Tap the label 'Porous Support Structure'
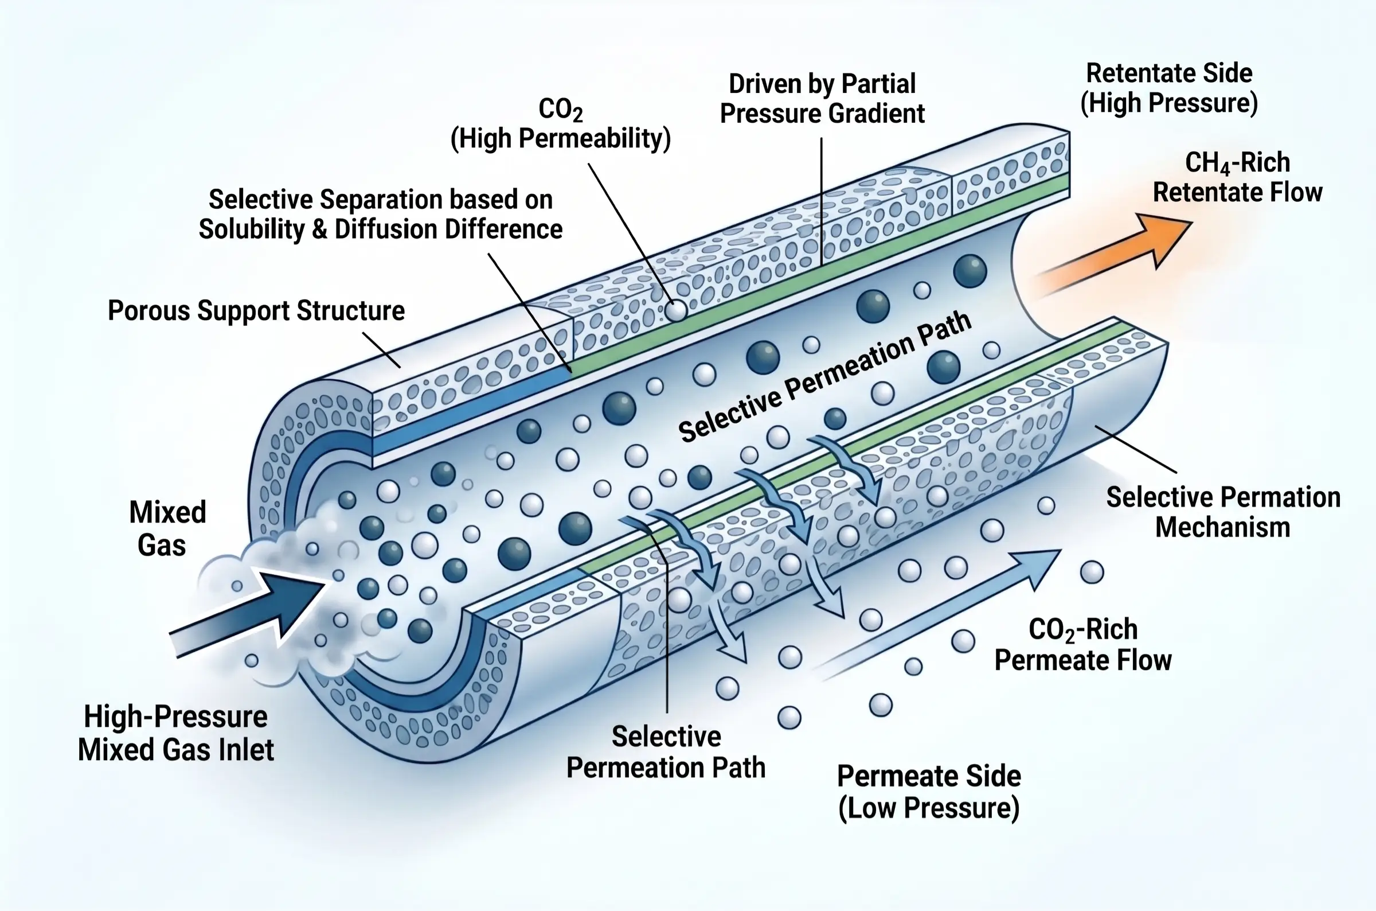[256, 311]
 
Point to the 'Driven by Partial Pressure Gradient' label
[822, 99]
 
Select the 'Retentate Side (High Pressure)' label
[1168, 88]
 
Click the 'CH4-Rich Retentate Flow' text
[1237, 177]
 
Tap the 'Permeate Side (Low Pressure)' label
[929, 791]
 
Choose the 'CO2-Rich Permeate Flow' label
[1083, 645]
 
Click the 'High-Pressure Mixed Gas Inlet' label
[175, 733]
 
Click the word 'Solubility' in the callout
[251, 229]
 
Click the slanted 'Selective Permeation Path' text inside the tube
[824, 377]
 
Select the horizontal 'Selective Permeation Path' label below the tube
[666, 753]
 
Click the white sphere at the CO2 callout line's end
[675, 311]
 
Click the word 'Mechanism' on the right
[1222, 528]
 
